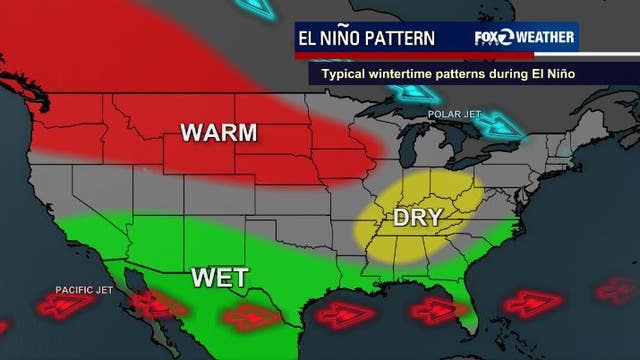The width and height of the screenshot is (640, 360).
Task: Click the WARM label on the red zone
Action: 218,133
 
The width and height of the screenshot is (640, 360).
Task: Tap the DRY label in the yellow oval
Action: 417,217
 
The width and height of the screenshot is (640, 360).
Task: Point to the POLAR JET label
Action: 449,113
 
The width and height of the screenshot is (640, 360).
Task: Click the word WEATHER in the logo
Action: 546,38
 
